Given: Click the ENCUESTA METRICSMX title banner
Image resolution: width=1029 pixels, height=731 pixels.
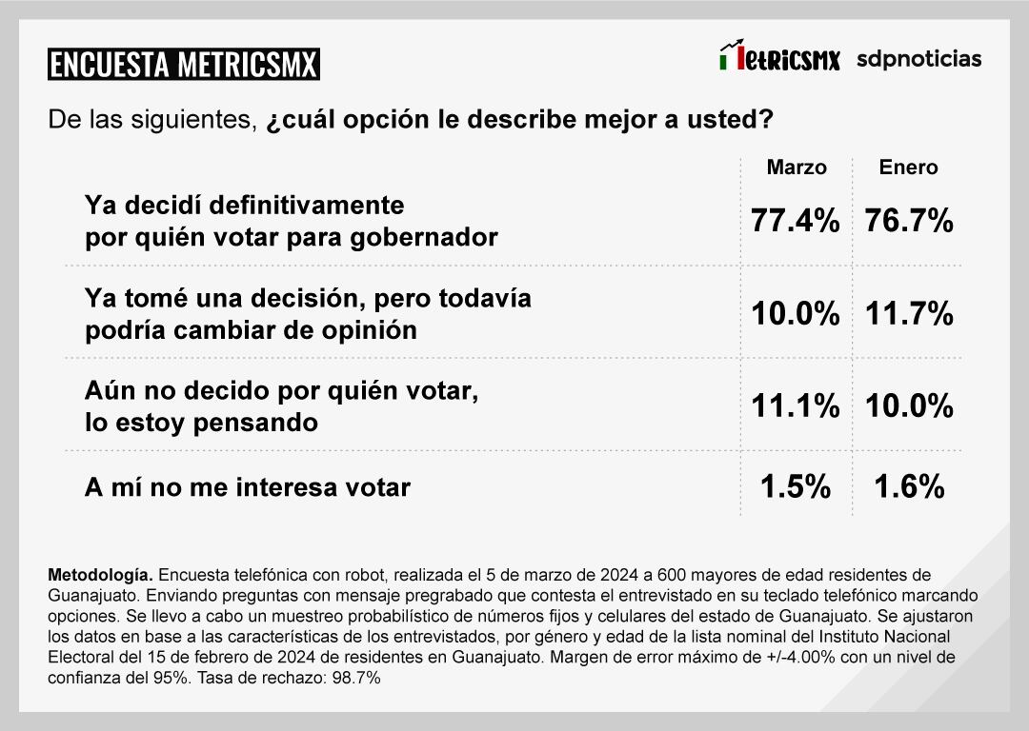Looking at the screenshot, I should tap(183, 64).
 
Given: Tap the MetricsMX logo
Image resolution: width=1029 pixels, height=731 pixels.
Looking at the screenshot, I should tap(779, 58).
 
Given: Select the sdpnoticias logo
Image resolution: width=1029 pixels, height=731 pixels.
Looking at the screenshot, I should tap(918, 59).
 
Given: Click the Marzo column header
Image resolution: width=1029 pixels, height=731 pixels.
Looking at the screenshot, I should tap(797, 168).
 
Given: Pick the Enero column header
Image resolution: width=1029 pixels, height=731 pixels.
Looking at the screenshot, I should tap(908, 168).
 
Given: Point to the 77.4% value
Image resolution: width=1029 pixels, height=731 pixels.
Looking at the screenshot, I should tap(796, 222).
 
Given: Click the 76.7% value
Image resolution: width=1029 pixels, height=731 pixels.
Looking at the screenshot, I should tap(909, 222).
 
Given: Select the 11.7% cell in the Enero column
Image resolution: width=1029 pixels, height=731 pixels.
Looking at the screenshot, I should tap(909, 313).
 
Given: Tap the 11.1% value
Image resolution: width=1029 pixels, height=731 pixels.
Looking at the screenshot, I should tap(796, 406).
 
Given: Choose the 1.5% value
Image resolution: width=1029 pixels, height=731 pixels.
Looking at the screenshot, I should tap(796, 487).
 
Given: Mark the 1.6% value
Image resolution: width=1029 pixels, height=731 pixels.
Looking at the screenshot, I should tap(909, 487).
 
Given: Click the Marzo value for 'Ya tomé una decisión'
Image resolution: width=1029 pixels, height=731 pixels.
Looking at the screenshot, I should tap(796, 313).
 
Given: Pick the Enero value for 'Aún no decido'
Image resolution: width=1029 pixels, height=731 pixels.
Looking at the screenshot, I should tap(909, 406).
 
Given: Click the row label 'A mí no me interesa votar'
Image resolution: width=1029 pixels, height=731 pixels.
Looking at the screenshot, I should tap(248, 487).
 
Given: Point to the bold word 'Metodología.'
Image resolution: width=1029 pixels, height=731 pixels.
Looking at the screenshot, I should tap(99, 576).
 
